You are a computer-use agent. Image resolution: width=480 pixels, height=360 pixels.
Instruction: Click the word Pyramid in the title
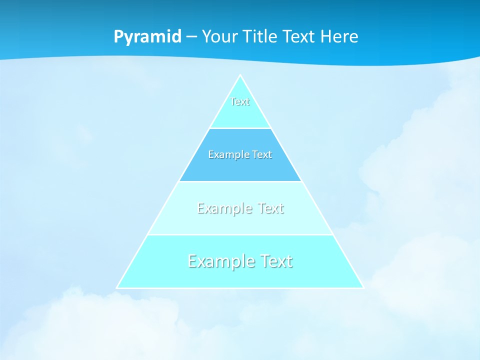[x=147, y=37]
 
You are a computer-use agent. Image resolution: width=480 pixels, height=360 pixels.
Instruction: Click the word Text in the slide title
[x=299, y=36]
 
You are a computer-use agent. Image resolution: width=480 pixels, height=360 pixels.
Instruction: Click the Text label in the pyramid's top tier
[x=240, y=101]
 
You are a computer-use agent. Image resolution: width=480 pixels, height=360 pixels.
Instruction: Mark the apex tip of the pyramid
[x=240, y=75]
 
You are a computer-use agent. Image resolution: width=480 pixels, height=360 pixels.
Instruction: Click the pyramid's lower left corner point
[x=117, y=288]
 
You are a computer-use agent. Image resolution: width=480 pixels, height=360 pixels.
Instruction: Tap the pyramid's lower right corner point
[x=363, y=288]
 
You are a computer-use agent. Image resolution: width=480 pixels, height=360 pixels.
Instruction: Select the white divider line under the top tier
[x=240, y=128]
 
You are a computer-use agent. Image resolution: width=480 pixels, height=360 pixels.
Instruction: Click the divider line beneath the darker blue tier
[x=240, y=181]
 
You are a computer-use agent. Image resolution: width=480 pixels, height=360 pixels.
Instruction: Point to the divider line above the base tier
[x=240, y=235]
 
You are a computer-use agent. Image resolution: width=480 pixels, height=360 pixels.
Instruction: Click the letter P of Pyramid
[x=118, y=37]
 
